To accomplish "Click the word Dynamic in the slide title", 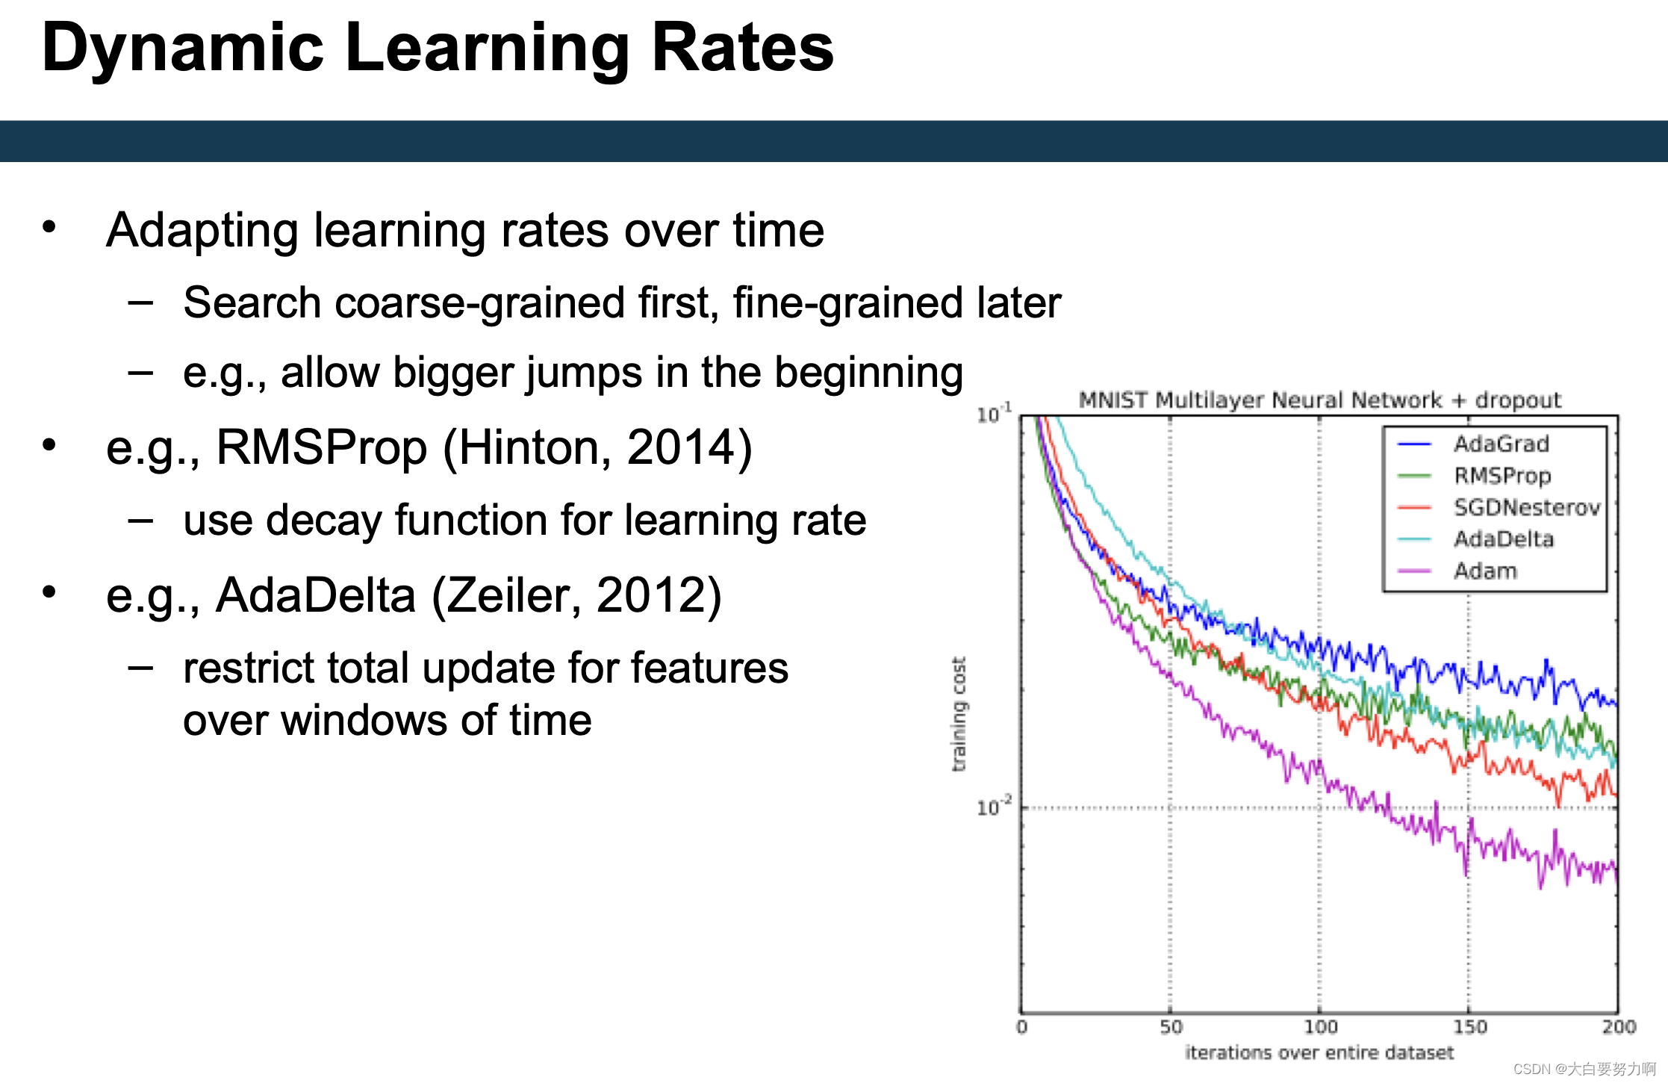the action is click(184, 49).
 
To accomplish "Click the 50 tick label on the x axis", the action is click(1171, 1027).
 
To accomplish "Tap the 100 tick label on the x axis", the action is click(1320, 1027).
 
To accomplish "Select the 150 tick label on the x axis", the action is click(1469, 1027).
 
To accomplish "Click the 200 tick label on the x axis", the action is click(1619, 1027).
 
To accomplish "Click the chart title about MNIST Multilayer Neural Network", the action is click(1320, 400).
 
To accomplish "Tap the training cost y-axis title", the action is click(959, 714).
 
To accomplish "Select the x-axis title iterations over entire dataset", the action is click(1319, 1052).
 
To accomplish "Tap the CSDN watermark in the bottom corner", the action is click(1584, 1069).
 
